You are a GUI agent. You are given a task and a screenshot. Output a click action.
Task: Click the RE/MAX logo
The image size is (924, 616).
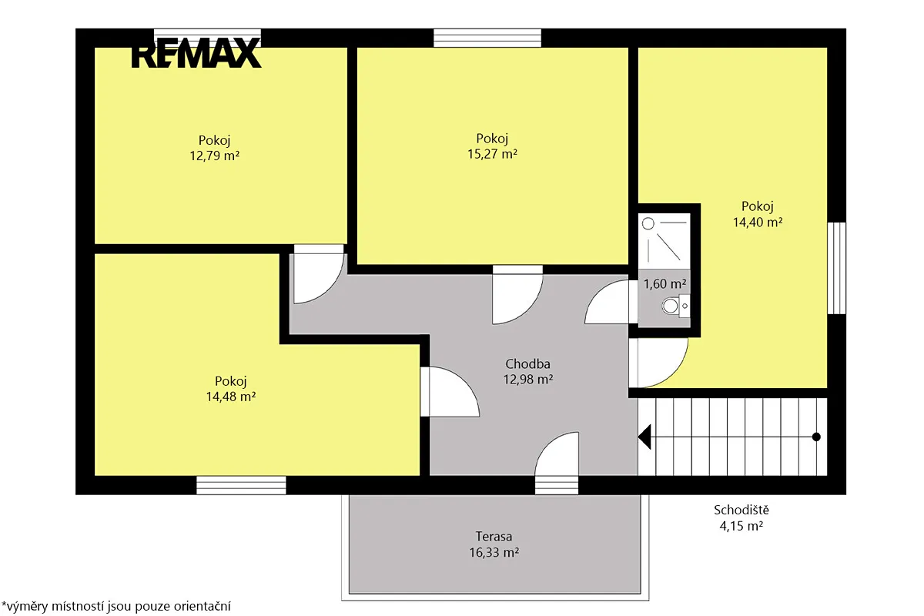[x=196, y=53]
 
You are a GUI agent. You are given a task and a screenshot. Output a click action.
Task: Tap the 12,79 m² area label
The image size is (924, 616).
[x=215, y=156]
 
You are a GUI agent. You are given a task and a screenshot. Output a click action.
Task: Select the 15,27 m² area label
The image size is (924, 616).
[x=492, y=154]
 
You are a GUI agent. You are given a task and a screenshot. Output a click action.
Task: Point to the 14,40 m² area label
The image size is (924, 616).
[x=758, y=223]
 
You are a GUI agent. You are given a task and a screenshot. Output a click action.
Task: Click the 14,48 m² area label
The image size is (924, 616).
[x=230, y=397]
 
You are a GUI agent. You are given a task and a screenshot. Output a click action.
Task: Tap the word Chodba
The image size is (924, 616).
[x=527, y=364]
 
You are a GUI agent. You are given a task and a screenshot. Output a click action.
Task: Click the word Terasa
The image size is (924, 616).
[x=494, y=537]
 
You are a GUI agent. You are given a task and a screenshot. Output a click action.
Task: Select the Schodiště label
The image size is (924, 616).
[x=742, y=510]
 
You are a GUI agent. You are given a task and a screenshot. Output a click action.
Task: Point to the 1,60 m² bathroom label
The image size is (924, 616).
[x=665, y=284]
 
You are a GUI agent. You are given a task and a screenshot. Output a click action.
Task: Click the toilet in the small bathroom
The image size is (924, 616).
[x=676, y=306]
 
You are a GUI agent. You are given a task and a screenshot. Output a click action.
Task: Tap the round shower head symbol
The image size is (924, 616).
[x=648, y=224]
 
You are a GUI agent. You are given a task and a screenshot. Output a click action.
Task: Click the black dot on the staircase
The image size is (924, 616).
[x=816, y=437]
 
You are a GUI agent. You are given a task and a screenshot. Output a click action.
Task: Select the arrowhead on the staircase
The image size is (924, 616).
[x=644, y=437]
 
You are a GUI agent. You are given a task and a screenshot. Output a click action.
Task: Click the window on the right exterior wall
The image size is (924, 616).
[x=836, y=268]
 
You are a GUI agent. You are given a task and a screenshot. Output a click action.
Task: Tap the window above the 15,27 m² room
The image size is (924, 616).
[x=487, y=38]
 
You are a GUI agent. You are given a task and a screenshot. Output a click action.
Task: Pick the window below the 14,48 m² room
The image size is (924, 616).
[x=241, y=485]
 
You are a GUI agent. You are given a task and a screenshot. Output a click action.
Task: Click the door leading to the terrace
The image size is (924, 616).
[x=557, y=463]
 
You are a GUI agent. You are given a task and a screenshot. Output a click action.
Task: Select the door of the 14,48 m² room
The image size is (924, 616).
[x=450, y=392]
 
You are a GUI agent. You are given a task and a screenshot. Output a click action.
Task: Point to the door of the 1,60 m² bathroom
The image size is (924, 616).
[x=611, y=302]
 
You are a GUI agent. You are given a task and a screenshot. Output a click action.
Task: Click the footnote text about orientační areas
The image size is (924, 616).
[x=116, y=606]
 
